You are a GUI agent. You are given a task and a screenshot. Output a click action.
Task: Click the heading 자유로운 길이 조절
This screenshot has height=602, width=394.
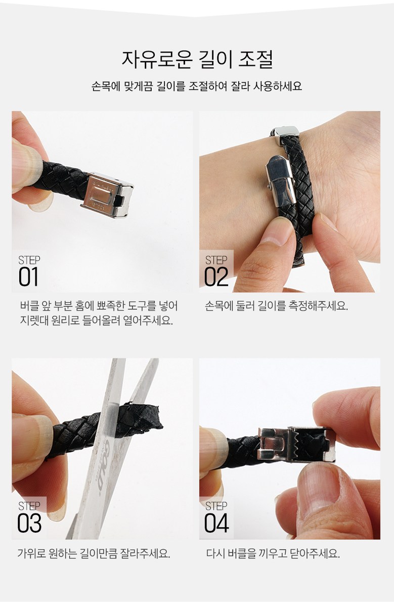(x=197, y=60)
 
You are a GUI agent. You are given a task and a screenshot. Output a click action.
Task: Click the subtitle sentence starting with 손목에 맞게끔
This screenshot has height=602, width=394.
(x=197, y=86)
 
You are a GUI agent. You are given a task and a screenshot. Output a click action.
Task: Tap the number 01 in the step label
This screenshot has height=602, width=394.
(x=28, y=277)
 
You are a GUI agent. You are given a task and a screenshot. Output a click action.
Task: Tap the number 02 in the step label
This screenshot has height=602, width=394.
(x=216, y=277)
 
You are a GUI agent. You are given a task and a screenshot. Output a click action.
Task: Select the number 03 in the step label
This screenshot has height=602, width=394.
(x=29, y=523)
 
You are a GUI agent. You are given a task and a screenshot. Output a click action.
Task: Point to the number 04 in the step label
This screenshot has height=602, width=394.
(x=216, y=523)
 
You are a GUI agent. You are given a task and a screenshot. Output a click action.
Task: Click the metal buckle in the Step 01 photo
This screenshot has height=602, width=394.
(x=107, y=195)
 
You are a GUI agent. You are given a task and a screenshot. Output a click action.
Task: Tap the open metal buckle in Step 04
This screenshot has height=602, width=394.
(x=296, y=444)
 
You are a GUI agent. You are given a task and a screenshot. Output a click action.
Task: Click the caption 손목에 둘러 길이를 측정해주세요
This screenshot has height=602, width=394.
(x=276, y=306)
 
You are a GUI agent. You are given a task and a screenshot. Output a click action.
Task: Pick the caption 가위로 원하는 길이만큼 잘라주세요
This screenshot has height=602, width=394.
(x=94, y=553)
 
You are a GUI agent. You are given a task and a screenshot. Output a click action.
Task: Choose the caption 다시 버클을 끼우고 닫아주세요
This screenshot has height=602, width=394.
(x=273, y=553)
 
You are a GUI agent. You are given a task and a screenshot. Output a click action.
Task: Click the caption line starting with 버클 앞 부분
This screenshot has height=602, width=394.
(x=99, y=306)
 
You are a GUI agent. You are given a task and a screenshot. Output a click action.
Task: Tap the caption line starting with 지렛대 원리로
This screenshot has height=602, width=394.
(x=96, y=320)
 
